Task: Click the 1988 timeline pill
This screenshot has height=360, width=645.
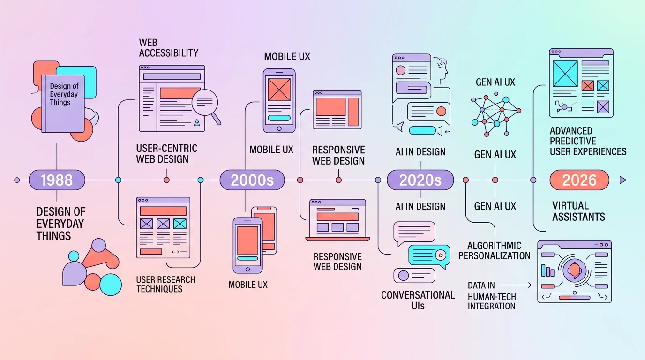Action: tap(57, 180)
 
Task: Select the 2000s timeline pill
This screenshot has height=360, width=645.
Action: tap(252, 180)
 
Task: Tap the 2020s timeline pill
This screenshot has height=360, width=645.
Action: tap(420, 180)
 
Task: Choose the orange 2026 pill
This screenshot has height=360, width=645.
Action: tap(579, 180)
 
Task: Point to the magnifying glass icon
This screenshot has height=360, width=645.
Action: tap(207, 103)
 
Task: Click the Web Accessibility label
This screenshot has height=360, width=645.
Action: tap(168, 47)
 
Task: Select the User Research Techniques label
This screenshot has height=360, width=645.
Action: tap(165, 284)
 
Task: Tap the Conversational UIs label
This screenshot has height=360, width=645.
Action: tap(418, 300)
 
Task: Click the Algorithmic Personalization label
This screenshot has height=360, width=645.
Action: tap(495, 251)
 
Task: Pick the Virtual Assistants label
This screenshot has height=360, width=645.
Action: tap(578, 211)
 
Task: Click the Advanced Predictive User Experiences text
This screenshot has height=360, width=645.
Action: tap(588, 141)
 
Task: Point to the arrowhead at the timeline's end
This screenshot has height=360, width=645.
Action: tap(622, 180)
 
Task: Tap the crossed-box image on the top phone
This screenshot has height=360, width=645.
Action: tap(279, 89)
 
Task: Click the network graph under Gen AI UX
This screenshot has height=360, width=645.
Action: tap(495, 115)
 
